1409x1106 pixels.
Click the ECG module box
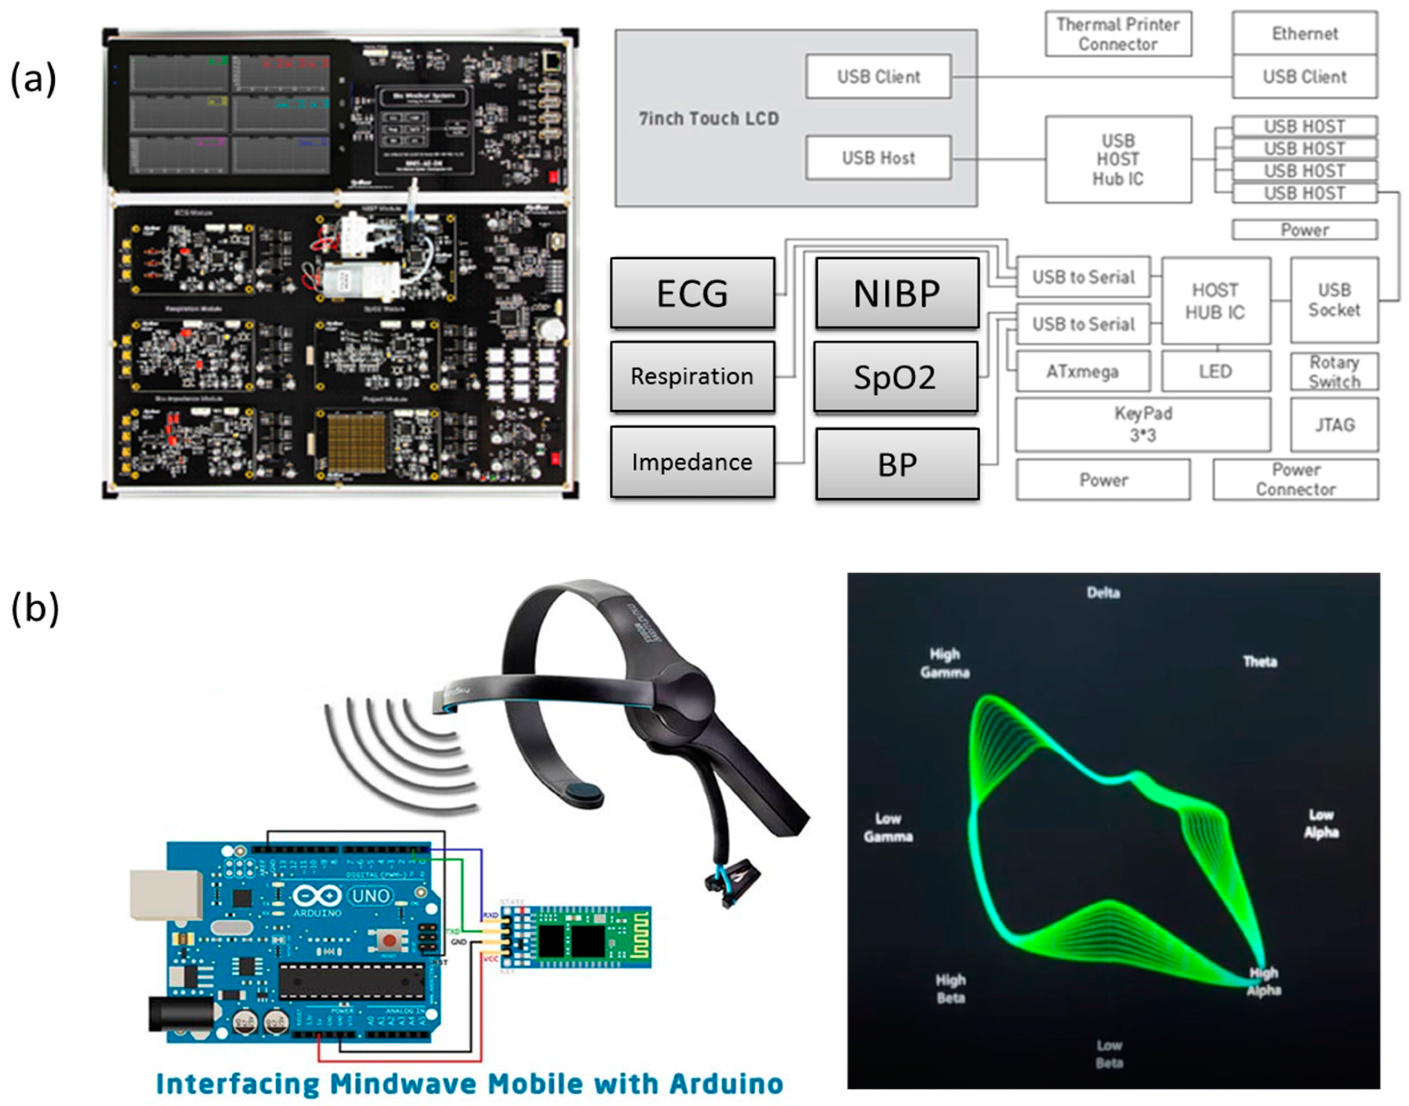[692, 293]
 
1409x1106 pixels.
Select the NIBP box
[897, 293]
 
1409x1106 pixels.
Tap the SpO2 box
[895, 377]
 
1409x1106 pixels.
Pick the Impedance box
[692, 462]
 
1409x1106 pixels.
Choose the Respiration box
[692, 376]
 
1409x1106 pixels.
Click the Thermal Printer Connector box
[1118, 34]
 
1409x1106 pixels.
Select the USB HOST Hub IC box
[1118, 159]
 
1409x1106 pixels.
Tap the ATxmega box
[1083, 372]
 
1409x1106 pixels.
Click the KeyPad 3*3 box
[1143, 424]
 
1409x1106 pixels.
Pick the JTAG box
[1334, 425]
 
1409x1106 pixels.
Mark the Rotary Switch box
[1334, 372]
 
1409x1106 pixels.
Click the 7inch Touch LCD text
[709, 119]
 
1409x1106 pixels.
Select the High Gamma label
[945, 663]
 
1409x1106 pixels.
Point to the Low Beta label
[1109, 1054]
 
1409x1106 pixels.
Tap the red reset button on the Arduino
[389, 940]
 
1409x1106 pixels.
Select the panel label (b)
[34, 609]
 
